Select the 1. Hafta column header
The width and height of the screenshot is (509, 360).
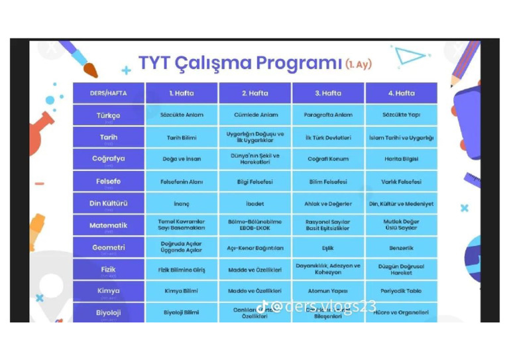tap(182, 93)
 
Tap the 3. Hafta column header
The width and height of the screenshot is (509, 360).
tap(327, 93)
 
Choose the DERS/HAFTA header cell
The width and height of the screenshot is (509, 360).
tap(108, 93)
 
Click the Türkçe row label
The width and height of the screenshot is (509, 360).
tap(108, 115)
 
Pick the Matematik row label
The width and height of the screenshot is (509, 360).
tap(108, 225)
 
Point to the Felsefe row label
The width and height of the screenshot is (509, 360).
tap(108, 181)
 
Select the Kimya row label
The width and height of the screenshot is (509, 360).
tap(108, 290)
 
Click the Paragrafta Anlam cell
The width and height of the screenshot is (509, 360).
tap(327, 115)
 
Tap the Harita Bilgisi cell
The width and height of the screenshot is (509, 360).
tap(401, 159)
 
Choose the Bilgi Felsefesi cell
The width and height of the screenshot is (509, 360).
tap(254, 181)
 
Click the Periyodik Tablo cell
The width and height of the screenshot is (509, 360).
tap(401, 290)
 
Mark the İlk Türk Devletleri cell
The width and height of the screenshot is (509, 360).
tap(327, 137)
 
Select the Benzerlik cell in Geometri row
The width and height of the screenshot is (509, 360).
tap(401, 247)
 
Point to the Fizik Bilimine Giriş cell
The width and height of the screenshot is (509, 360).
tap(182, 269)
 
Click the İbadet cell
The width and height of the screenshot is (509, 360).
tap(254, 204)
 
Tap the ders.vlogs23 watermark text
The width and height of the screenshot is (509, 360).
tap(325, 306)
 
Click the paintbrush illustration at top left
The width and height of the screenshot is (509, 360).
tap(78, 58)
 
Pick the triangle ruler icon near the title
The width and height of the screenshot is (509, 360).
tap(409, 57)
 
